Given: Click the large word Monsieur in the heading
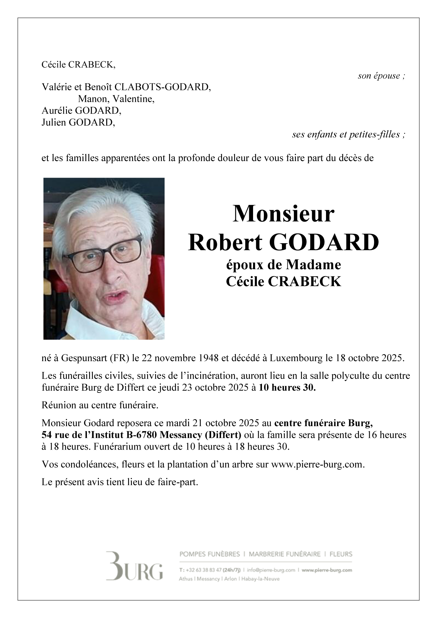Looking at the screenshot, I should click(x=283, y=213).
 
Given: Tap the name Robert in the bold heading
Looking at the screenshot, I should click(x=225, y=242).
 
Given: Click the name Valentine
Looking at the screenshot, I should click(x=133, y=99).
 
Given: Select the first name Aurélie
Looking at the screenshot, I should click(x=57, y=111).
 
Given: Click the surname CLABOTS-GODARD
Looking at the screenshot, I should click(x=162, y=87).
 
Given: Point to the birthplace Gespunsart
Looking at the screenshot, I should click(x=84, y=358).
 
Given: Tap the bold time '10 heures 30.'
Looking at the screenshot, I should click(x=287, y=387).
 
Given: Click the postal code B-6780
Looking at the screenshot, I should click(x=142, y=435).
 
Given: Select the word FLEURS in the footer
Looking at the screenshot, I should click(x=341, y=554).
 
